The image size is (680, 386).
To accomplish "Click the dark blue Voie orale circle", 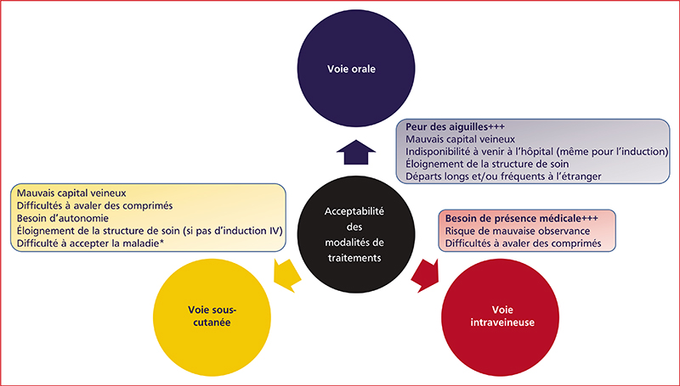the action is point(356,69).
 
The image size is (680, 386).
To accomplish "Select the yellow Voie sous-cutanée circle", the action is point(212,317).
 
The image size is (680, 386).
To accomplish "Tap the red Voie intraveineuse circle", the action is point(500,317).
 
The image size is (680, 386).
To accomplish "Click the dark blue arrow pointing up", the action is point(356,153).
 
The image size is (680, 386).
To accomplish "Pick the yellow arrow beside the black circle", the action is point(287,276).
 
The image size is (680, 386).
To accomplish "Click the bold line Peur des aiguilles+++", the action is point(455,127).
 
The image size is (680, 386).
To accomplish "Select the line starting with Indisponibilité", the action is point(536,152).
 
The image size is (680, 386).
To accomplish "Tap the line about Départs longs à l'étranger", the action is point(503,176).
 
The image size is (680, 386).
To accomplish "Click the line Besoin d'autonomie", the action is point(63,218).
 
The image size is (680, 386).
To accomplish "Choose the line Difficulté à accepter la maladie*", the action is point(90,243).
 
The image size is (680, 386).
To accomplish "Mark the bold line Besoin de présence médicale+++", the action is point(522,219).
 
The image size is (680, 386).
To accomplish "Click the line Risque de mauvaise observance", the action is point(518,231).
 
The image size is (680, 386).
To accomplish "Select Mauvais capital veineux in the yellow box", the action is point(71,193).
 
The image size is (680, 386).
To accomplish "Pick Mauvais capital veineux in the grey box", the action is point(460,139).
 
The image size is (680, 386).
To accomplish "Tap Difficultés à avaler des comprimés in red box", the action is point(523,243).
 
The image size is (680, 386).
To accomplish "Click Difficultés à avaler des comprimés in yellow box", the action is point(94,205).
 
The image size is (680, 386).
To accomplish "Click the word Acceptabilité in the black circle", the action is point(354,211).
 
